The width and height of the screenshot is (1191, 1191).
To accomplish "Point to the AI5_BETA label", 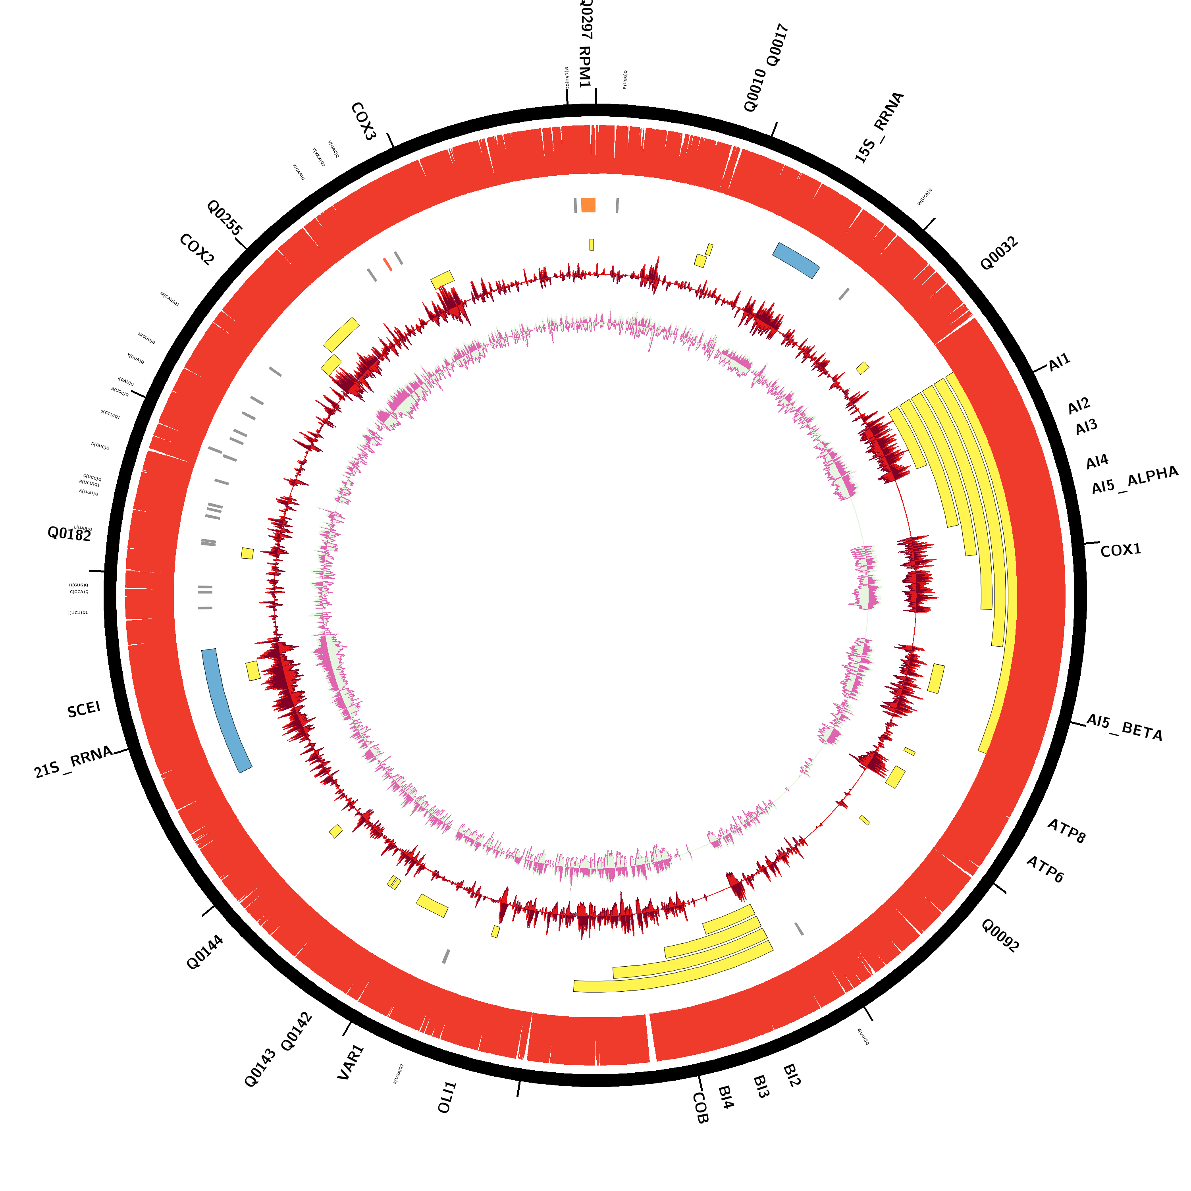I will (1124, 727).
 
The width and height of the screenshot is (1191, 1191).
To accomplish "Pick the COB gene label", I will (700, 1108).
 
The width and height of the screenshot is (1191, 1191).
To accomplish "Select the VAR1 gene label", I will (351, 1062).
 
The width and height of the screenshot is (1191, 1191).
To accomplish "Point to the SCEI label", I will (84, 709).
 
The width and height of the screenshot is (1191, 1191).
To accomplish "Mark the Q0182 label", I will (69, 534).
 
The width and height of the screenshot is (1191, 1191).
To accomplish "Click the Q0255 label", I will (224, 217).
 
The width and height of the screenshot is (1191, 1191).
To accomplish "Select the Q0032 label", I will (999, 253).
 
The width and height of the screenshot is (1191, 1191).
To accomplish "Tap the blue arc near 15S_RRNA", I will (796, 260).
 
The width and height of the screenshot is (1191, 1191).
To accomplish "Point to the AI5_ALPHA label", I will (1134, 480).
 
